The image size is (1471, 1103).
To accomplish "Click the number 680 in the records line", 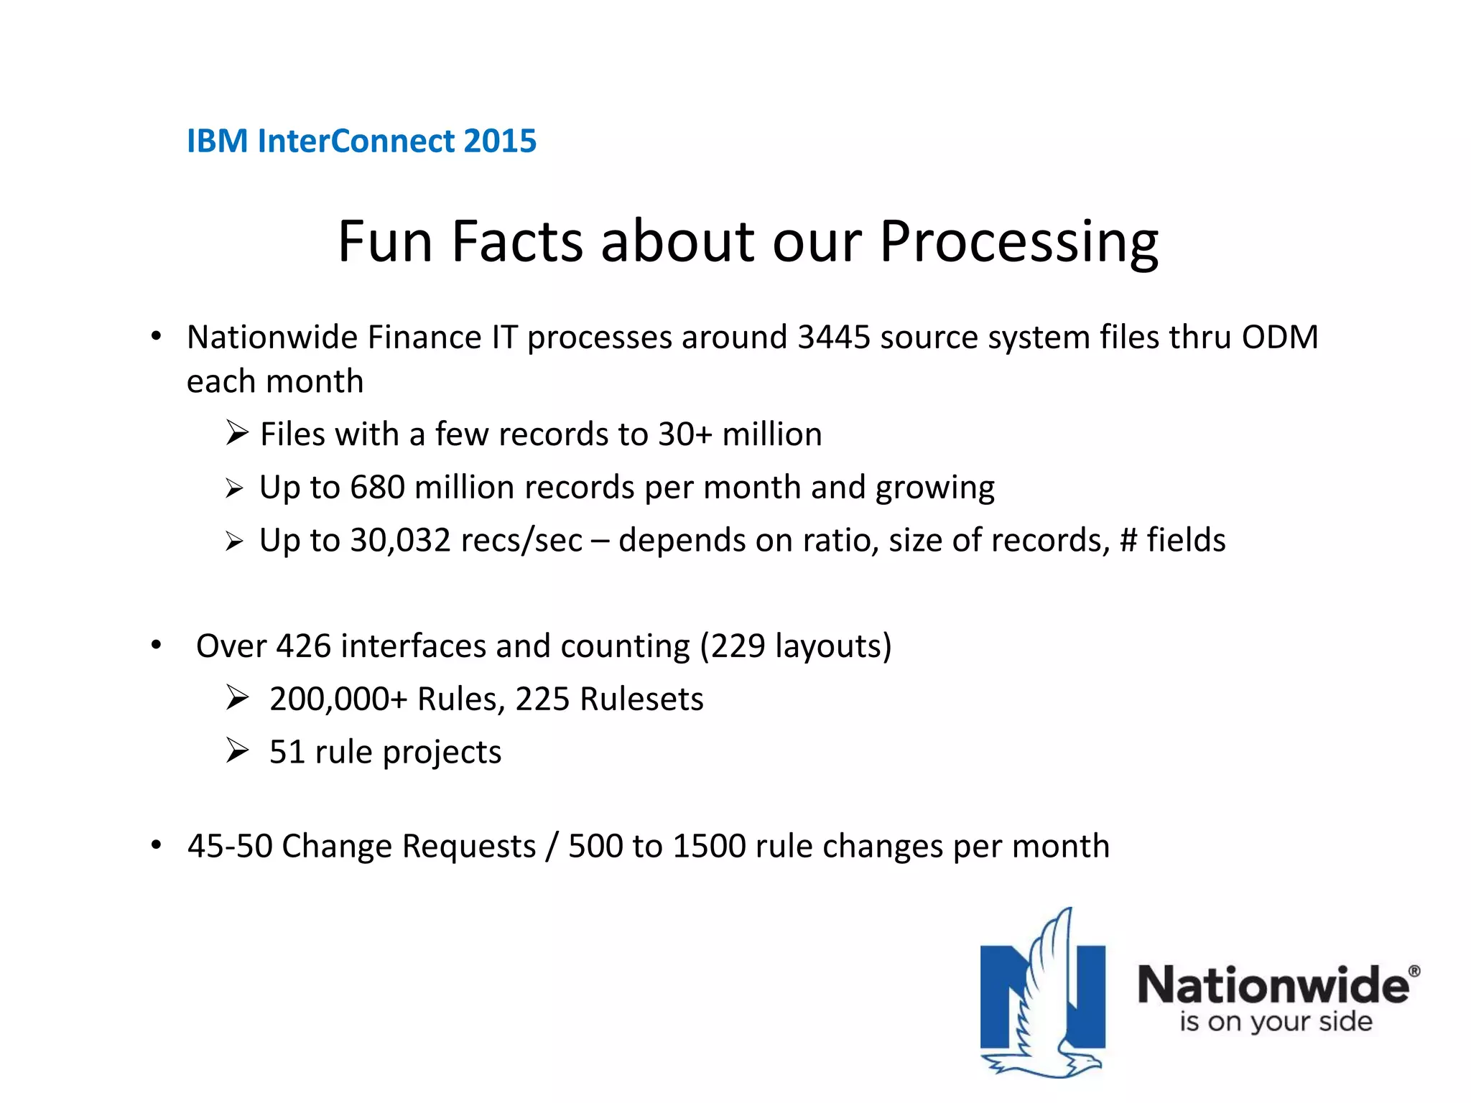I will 377,488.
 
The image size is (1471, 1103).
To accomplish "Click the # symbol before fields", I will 1128,540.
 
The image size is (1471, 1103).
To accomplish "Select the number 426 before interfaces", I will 304,646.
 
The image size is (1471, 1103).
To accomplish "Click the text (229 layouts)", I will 795,646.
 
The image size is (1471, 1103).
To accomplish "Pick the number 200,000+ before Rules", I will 338,699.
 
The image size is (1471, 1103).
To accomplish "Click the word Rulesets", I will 641,699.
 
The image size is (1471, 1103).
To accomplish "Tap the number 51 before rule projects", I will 287,753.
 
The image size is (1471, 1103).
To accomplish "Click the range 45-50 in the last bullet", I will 230,846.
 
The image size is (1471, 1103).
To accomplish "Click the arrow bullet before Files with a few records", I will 236,433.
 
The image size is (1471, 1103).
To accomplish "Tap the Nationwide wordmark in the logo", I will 1273,985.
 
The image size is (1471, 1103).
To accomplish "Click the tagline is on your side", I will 1275,1021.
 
